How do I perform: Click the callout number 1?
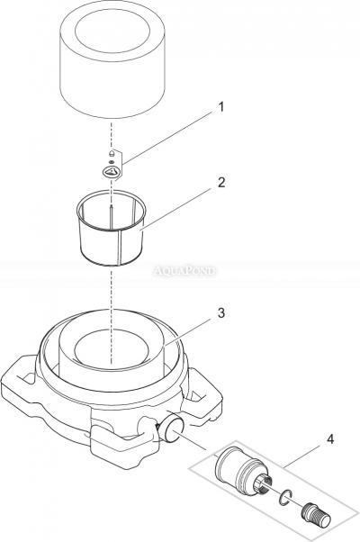tap(221, 107)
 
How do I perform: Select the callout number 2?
tap(221, 182)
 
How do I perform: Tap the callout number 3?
tap(221, 312)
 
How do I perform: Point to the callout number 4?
tap(330, 439)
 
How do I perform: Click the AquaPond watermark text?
tap(184, 270)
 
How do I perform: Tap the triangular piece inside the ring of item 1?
tap(112, 171)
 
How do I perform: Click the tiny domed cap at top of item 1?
tap(112, 153)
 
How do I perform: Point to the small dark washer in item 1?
tap(111, 161)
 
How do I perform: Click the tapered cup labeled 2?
tap(112, 228)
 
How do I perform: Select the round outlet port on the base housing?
tap(171, 427)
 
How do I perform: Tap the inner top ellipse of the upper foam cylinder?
tap(112, 31)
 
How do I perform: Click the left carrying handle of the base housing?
tap(21, 375)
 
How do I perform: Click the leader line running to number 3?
tap(189, 331)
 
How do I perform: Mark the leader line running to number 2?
tap(178, 209)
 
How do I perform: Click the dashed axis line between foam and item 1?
tap(111, 135)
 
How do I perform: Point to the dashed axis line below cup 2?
tap(112, 316)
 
